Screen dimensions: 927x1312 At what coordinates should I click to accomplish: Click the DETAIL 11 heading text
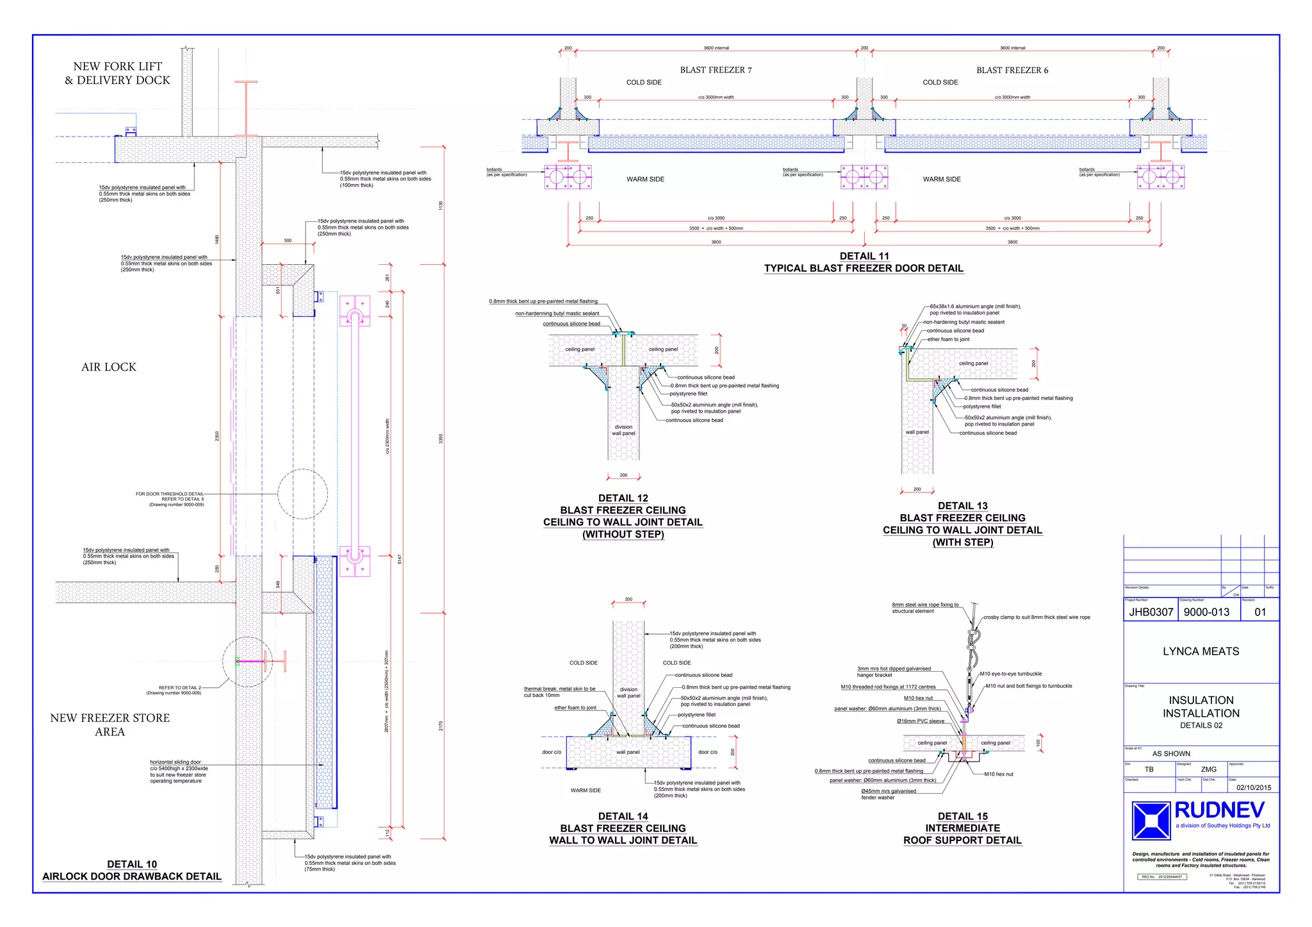pos(864,256)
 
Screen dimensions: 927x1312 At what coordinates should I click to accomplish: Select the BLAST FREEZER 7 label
pos(716,70)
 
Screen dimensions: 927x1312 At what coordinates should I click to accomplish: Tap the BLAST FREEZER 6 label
pos(1012,71)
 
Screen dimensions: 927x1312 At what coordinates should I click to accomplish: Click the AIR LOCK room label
pos(109,367)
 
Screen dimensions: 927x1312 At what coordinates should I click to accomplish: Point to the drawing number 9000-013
pos(1206,612)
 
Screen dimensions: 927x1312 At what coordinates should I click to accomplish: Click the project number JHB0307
pos(1151,612)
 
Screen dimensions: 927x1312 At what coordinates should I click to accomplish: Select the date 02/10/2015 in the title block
pos(1254,788)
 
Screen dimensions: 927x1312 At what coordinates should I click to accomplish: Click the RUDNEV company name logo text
pos(1219,810)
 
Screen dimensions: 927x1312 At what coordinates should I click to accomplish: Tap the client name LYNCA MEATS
pos(1201,651)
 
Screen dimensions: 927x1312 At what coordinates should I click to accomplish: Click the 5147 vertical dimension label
pos(400,559)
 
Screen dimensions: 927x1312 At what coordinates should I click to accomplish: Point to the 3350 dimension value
pos(441,438)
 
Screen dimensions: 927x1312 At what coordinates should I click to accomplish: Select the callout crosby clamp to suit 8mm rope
pos(1037,617)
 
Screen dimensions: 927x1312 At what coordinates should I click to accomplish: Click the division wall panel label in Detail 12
pos(623,430)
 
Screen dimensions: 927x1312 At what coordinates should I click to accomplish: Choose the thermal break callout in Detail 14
pos(559,692)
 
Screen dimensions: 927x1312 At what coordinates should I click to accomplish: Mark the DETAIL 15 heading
pos(962,816)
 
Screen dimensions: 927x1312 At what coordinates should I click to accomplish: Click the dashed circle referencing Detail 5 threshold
pos(302,494)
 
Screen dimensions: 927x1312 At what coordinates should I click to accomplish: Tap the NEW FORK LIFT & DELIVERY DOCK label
pos(117,73)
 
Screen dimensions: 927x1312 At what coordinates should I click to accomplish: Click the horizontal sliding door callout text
pos(179,771)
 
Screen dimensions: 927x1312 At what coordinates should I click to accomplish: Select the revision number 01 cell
pos(1259,612)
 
